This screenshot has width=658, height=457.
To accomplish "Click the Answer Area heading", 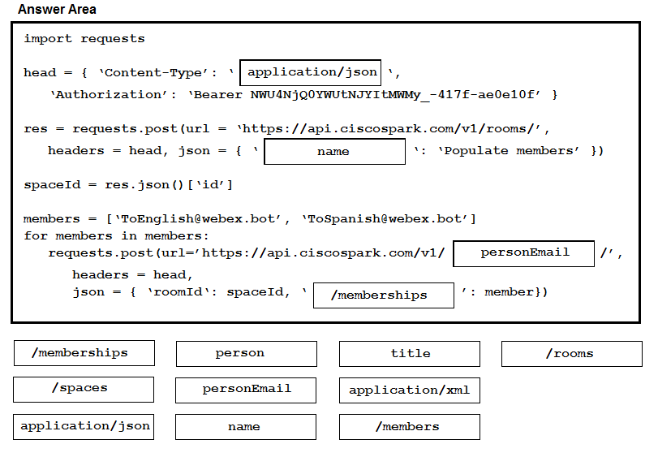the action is coord(57,9).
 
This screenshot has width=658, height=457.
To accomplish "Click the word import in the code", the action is coord(48,39).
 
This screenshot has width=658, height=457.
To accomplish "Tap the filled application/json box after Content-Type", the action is coord(311,72).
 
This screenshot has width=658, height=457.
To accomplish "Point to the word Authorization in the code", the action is coord(109,94).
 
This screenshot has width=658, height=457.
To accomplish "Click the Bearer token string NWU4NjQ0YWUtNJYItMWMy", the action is coord(335,95).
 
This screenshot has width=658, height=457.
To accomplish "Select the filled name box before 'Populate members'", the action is coord(335,152).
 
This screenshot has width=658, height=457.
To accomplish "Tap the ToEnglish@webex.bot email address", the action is coord(198,219).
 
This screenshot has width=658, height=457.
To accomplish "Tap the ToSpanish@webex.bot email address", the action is coord(385,219).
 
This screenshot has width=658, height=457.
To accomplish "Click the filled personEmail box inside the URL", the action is coord(523,253).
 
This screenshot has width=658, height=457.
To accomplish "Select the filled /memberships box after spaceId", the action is coord(384,295).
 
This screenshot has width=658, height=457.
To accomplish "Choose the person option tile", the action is coord(247,354).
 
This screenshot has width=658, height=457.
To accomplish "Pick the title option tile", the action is coord(410,354).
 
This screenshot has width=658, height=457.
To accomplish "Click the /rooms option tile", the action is coord(572,354).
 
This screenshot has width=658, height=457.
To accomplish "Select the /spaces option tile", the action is coord(84,390).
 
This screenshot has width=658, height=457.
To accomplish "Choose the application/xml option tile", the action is coord(410,390).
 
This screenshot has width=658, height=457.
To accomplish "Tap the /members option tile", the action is coord(410,427).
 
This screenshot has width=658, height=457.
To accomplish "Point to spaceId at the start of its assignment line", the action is coord(52,185).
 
